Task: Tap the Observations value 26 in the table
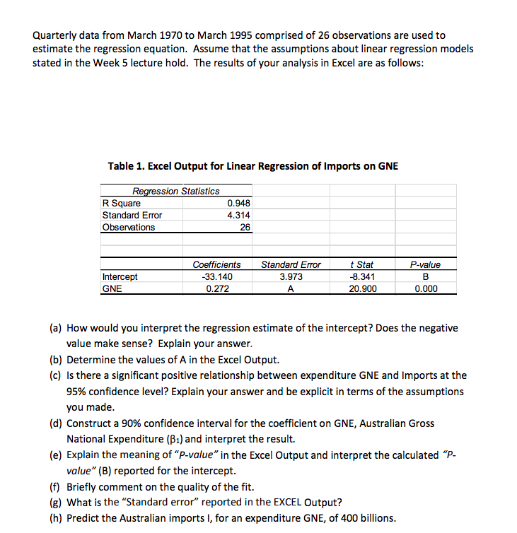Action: coord(245,227)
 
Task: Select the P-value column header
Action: coord(425,264)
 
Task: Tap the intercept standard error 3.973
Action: coord(291,276)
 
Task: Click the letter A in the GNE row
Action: coord(291,288)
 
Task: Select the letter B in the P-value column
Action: coord(425,276)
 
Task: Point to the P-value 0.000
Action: coord(425,288)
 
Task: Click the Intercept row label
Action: coord(120,276)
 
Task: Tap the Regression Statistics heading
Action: coord(175,191)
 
